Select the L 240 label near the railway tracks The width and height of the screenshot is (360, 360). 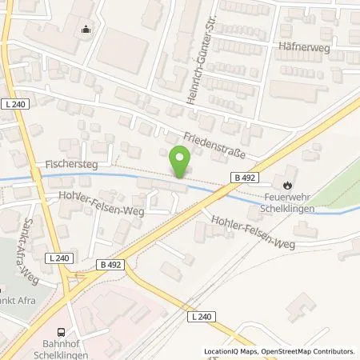point(202,318)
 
